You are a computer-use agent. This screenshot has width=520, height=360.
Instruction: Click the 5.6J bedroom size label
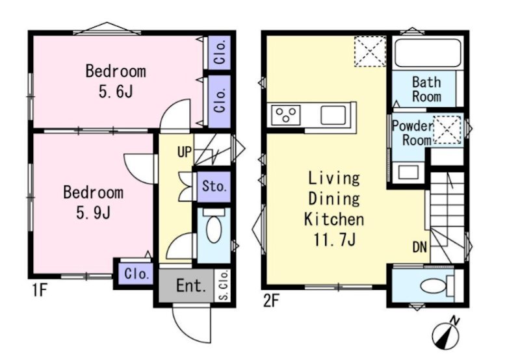coord(116,92)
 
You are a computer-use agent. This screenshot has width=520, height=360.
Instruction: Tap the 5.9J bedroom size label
coord(93,213)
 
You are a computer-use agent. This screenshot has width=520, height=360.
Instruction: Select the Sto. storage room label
coord(214,186)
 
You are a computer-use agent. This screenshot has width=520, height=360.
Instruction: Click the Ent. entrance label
coord(191,286)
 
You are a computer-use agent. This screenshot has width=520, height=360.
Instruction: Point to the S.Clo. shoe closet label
coord(224,285)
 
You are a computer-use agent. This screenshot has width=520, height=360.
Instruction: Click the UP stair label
coord(185,152)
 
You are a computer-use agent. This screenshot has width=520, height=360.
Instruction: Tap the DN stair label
coord(420,247)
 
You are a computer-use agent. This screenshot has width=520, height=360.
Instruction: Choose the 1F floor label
coord(39,290)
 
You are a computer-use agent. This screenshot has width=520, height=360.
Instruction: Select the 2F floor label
coord(271,302)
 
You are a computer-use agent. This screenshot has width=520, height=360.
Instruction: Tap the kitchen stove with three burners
coord(286,115)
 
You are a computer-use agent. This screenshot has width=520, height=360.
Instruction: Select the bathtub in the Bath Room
coord(428,53)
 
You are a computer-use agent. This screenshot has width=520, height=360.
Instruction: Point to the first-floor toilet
coord(214,226)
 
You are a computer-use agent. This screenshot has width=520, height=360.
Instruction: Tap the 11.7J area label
coord(334,240)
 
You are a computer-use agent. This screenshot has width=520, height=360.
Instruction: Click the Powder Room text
coord(413,133)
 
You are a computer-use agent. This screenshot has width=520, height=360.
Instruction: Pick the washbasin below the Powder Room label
coord(408,172)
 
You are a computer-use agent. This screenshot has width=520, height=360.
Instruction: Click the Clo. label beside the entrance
coord(136,274)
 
